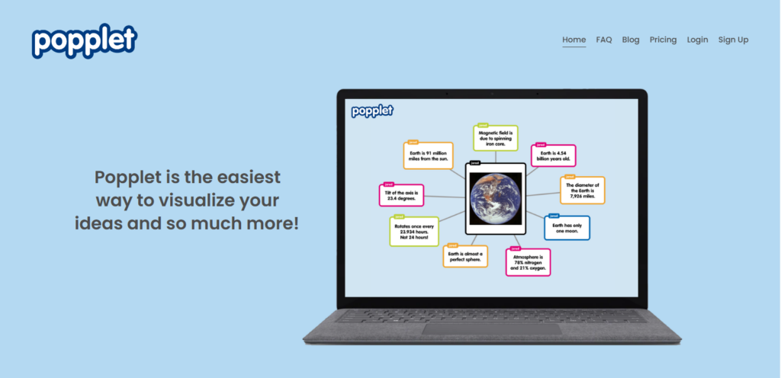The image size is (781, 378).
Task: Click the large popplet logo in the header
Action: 84,41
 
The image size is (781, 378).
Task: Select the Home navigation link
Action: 574,40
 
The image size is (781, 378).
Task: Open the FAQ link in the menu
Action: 604,40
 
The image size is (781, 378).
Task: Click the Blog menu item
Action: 631,40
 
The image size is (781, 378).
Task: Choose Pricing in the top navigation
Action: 663,40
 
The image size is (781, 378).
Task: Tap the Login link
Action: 697,40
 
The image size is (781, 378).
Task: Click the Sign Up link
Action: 733,40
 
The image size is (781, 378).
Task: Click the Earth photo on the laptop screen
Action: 496,199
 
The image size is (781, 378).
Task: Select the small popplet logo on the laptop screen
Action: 372,111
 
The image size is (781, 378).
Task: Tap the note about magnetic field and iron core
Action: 496,138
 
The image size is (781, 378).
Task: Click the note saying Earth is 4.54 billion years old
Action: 554,156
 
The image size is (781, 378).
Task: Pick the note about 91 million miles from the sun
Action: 428,155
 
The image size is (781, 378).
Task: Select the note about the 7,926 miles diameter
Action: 583,191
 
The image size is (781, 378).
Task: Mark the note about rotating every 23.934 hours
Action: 414,232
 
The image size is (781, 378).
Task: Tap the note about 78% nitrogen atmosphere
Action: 528,261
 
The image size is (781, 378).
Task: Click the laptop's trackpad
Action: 491,328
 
